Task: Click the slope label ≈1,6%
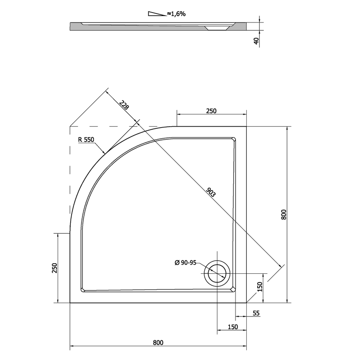pos(176,14)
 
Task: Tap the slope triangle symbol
pos(157,14)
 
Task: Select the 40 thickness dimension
pos(257,41)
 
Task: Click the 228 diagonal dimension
pos(124,105)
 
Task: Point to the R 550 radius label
pos(86,139)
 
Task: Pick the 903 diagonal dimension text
pos(211,193)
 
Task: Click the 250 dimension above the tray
pos(211,111)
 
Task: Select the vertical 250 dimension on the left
pos(55,268)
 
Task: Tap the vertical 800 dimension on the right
pos(284,214)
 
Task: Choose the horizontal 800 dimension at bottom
pos(158,343)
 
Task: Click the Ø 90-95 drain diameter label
pos(185,262)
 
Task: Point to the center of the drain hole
pos(217,273)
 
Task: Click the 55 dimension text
pos(256,313)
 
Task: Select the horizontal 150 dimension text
pos(233,327)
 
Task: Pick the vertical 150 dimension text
pos(259,287)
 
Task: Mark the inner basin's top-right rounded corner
pos(233,140)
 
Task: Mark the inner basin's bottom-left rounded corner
pos(83,290)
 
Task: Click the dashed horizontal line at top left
pos(114,127)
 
